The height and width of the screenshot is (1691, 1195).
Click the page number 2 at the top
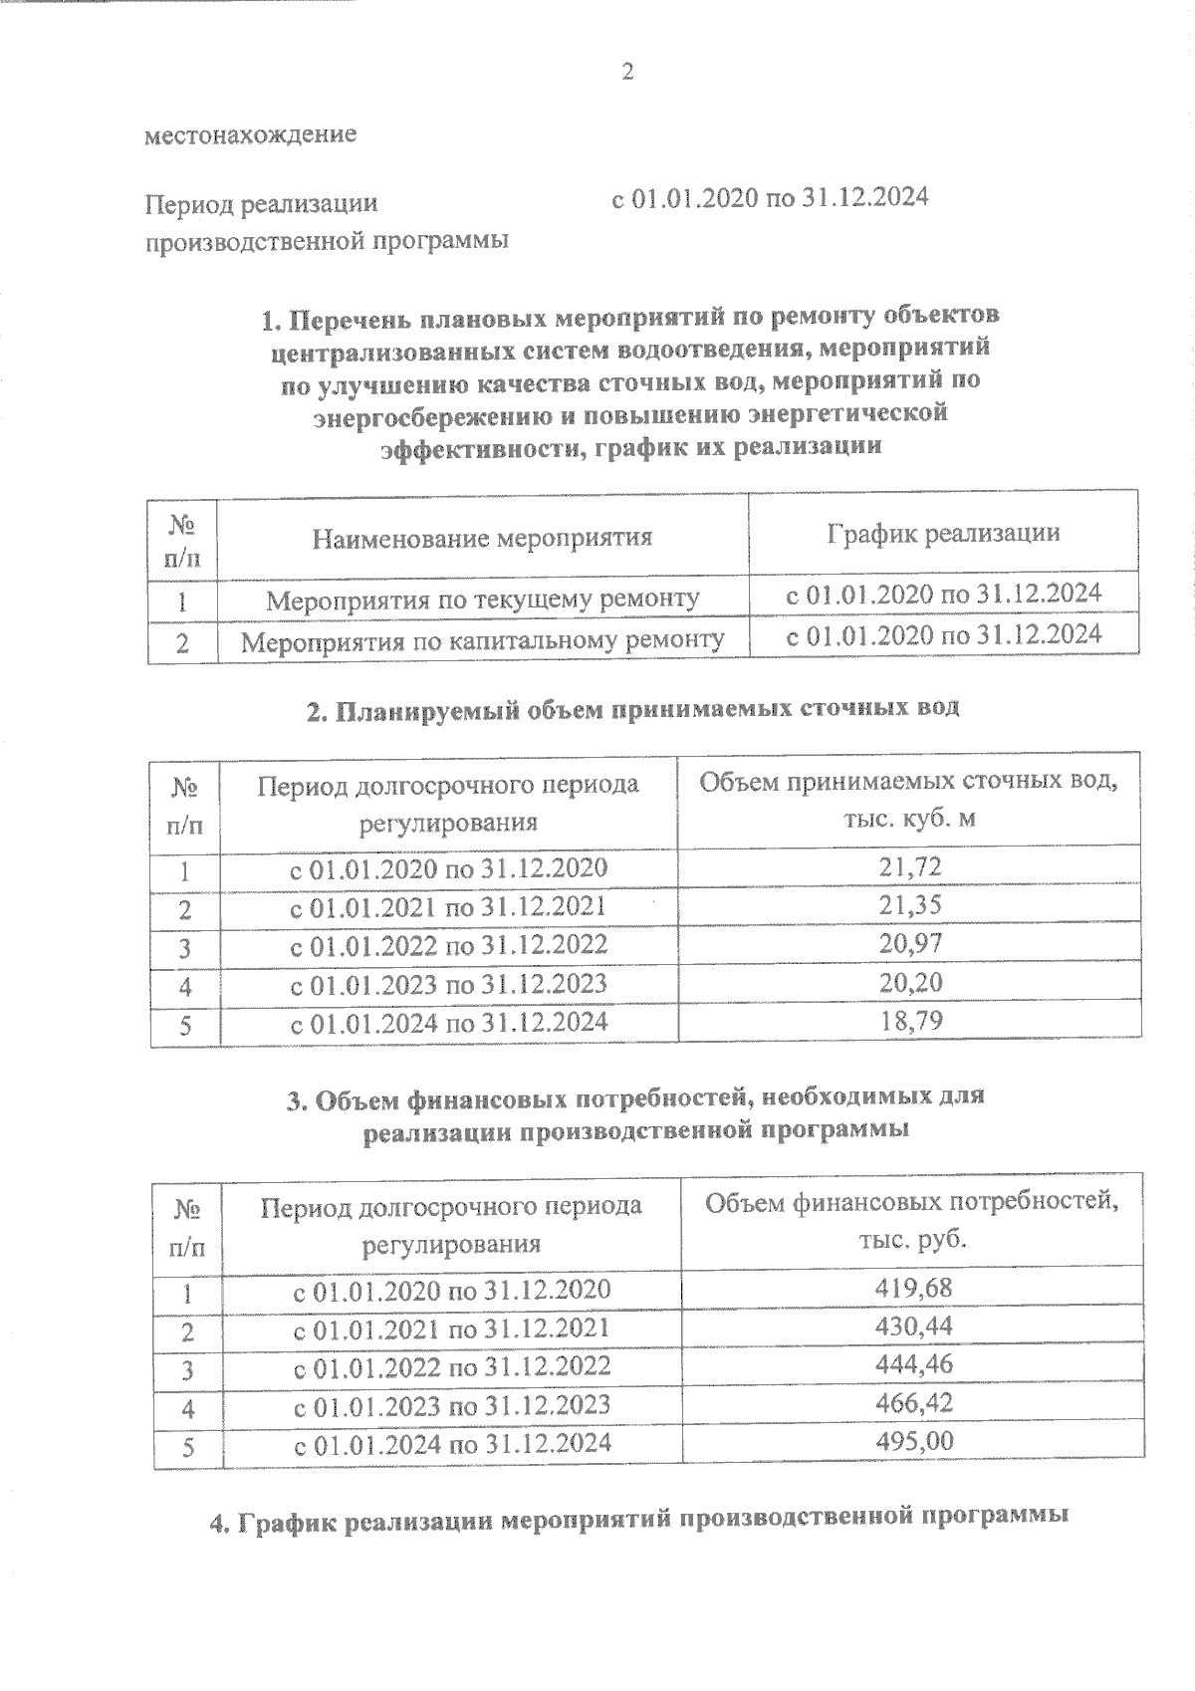[x=627, y=71]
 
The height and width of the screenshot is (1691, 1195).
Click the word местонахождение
[x=251, y=134]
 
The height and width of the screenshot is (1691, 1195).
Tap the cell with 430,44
[x=913, y=1327]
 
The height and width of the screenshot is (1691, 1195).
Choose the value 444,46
[x=913, y=1364]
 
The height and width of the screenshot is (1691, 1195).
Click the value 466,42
[x=913, y=1403]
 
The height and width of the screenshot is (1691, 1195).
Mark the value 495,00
[x=913, y=1441]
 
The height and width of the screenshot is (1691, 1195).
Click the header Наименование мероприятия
[x=482, y=539]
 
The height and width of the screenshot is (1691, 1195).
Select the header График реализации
[x=942, y=533]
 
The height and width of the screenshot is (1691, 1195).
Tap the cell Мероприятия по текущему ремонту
[x=483, y=600]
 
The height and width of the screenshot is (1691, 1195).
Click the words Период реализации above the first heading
[x=262, y=204]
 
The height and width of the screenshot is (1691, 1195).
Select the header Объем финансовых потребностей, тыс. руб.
[x=911, y=1221]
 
